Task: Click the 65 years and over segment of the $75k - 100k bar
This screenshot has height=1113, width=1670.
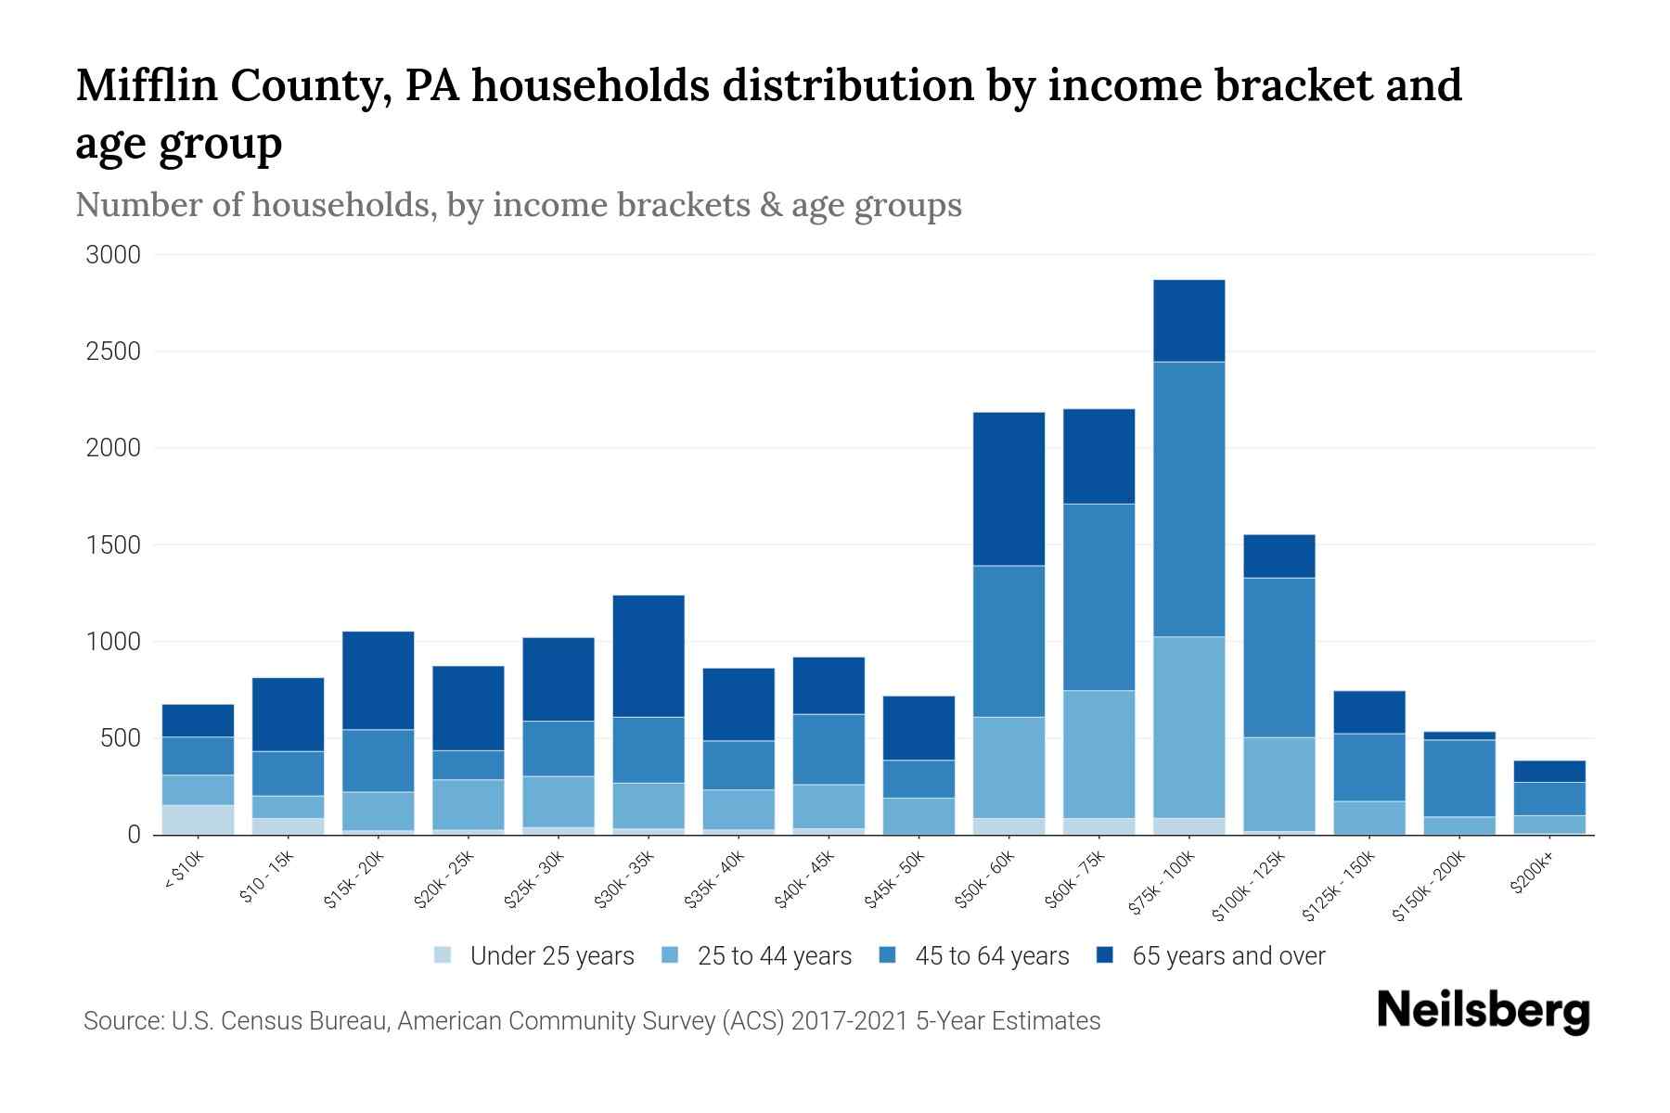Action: [x=1188, y=321]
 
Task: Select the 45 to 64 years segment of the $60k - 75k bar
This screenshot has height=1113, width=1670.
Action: [x=1098, y=597]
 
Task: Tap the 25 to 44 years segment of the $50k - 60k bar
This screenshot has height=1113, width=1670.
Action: [x=1008, y=767]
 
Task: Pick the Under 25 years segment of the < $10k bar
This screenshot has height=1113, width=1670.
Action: [x=198, y=820]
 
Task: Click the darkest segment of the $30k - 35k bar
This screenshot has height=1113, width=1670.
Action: [x=649, y=656]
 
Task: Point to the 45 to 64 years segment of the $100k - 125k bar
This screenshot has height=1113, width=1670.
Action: [x=1278, y=658]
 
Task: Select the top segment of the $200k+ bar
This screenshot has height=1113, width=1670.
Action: [x=1549, y=772]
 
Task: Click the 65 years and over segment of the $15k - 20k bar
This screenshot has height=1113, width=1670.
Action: [x=378, y=680]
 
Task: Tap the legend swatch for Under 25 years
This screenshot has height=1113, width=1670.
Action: [x=443, y=955]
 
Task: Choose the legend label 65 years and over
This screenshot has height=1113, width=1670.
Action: [x=1228, y=956]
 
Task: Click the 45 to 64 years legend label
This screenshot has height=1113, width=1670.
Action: [x=991, y=956]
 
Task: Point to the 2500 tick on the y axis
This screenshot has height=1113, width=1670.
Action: [x=113, y=352]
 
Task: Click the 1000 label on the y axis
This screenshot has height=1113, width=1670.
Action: [x=113, y=642]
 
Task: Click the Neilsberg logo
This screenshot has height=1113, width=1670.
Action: [x=1483, y=1011]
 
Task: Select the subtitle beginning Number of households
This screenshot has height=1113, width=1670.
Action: [x=518, y=205]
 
